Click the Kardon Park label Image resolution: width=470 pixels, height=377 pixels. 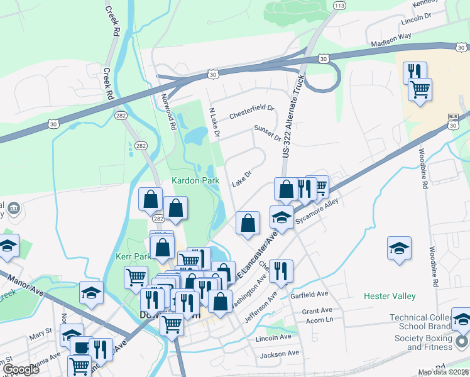pos(196,180)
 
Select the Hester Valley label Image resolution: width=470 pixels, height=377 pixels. pos(390,295)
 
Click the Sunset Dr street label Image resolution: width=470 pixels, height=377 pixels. pos(267,133)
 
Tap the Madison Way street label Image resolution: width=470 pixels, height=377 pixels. pos(391,40)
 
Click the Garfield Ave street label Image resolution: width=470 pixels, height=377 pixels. pos(310,294)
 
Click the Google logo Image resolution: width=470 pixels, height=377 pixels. pos(21,369)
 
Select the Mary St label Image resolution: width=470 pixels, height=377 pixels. pos(40,331)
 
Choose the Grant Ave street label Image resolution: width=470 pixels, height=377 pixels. pos(315,311)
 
